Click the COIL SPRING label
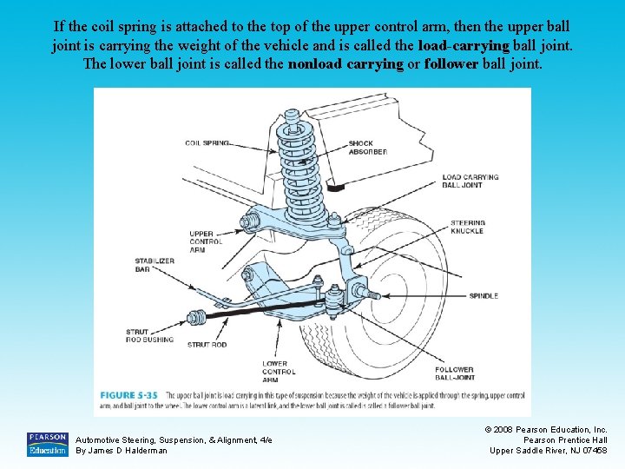207,142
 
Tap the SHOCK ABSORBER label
368,148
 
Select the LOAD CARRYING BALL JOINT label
470,181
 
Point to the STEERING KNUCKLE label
468,228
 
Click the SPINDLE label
484,296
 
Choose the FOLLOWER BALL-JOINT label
455,373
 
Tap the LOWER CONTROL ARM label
280,372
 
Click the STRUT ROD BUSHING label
149,335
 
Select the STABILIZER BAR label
155,265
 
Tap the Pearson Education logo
47,444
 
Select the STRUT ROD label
207,344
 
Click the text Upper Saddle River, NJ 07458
549,451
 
